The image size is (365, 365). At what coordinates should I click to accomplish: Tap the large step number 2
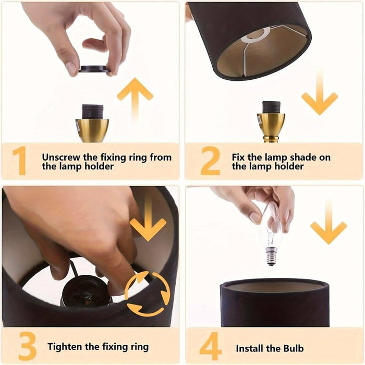210,161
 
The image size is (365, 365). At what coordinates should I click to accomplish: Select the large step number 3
27,346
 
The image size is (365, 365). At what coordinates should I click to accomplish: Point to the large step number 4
210,346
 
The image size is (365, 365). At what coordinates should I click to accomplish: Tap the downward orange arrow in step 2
320,93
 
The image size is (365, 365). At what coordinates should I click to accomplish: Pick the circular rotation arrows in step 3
147,294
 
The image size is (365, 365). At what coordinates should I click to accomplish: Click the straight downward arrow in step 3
148,219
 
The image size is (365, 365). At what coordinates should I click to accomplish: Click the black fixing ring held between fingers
94,69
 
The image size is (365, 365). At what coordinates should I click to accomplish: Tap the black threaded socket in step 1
92,112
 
